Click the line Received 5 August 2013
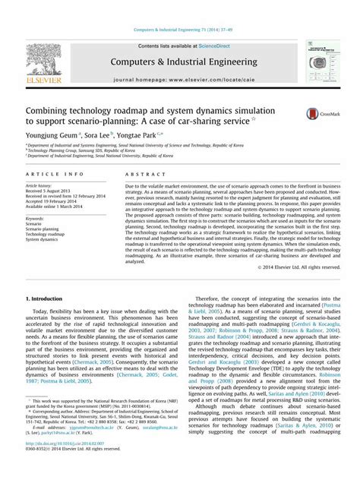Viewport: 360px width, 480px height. click(54, 193)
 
